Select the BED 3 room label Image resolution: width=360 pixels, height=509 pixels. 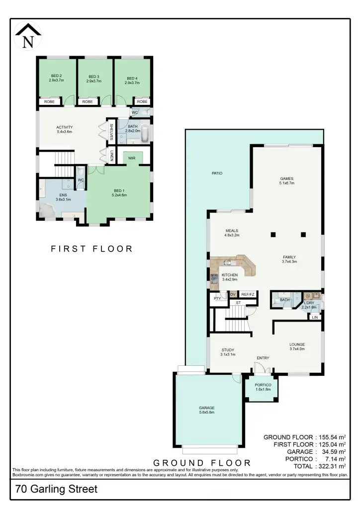tap(94, 78)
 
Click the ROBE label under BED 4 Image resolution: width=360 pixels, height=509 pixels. tap(142, 102)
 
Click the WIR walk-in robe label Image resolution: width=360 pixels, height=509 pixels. tap(132, 158)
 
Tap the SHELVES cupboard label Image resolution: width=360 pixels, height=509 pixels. tap(112, 132)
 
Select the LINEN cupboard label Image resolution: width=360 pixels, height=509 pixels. tap(112, 155)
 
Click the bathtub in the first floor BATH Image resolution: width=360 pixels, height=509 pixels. tap(144, 134)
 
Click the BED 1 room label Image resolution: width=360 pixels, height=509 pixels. tap(119, 193)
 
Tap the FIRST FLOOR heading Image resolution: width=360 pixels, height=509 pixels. tap(92, 249)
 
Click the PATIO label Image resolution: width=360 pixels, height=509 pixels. tap(216, 173)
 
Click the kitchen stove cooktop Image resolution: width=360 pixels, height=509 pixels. tap(215, 280)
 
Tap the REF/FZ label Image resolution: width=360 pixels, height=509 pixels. tap(248, 295)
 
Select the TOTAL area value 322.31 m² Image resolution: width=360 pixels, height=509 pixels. tap(330, 466)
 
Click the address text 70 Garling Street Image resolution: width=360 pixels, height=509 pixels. tap(56, 489)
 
